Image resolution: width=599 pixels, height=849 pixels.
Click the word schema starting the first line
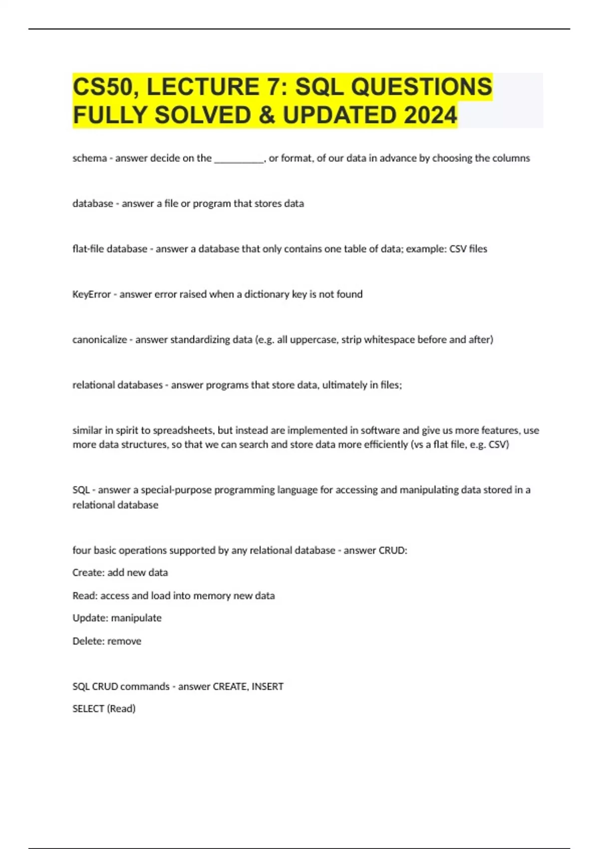pyautogui.click(x=90, y=158)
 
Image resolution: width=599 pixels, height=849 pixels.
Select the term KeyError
pyautogui.click(x=92, y=295)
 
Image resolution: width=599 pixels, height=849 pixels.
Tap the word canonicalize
pyautogui.click(x=100, y=340)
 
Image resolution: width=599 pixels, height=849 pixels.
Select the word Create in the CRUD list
pyautogui.click(x=88, y=573)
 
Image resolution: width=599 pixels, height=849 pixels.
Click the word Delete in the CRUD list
pyautogui.click(x=88, y=641)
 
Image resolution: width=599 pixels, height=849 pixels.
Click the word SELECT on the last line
pyautogui.click(x=88, y=709)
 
